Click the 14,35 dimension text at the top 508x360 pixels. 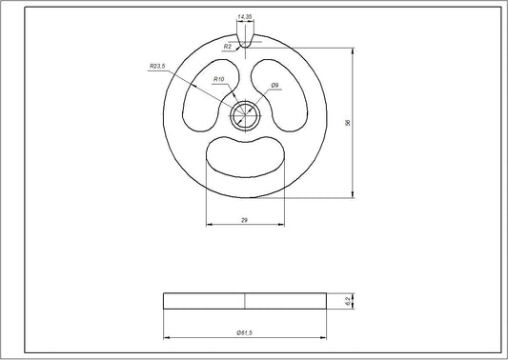click(245, 17)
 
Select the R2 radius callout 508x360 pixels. click(227, 46)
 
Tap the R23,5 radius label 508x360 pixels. click(157, 66)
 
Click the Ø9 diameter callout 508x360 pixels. click(274, 85)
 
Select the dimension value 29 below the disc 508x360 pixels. click(245, 221)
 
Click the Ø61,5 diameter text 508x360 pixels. click(245, 331)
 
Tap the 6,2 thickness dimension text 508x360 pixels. click(349, 301)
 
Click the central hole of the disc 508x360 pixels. click(245, 114)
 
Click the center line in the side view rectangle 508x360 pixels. click(245, 301)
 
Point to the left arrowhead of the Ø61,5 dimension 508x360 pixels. click(166, 337)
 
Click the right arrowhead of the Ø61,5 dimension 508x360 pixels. click(324, 337)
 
